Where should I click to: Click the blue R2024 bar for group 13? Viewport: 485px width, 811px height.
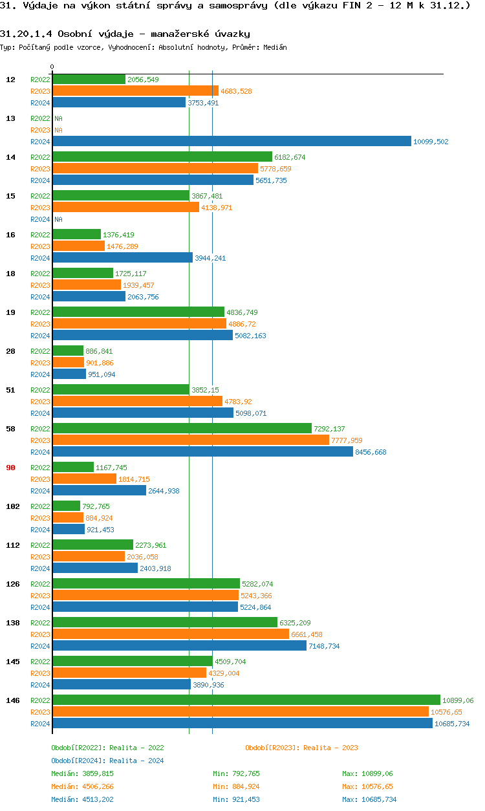pos(232,142)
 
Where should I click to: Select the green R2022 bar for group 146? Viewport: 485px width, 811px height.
pos(246,700)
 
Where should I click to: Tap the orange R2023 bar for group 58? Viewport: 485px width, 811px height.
pos(191,440)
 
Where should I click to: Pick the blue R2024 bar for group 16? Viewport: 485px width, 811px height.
pos(122,258)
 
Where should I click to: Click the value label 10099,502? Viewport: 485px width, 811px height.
pos(431,142)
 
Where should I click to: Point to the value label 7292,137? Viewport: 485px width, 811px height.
pos(329,429)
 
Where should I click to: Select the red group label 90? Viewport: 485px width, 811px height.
pos(10,468)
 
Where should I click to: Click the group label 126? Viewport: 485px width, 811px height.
pos(12,584)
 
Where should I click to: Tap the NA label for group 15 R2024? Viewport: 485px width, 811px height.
pos(58,219)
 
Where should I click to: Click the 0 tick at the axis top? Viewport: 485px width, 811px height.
pos(52,67)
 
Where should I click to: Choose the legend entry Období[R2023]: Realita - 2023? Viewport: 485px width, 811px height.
pos(301,748)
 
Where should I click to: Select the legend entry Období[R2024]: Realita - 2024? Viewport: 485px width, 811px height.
pos(107,761)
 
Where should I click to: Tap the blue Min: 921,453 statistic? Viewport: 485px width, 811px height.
pos(236,799)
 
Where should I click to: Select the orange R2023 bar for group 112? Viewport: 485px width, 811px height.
pos(89,557)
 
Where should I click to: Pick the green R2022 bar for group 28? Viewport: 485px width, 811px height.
pos(68,351)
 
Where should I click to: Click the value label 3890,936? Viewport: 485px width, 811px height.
pos(208,685)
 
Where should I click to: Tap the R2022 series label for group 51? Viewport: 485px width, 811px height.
pos(40,390)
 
